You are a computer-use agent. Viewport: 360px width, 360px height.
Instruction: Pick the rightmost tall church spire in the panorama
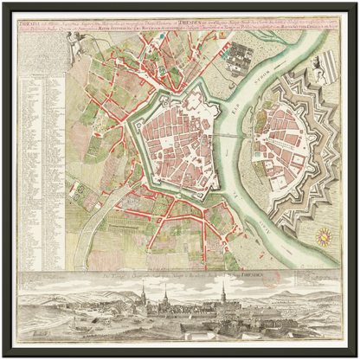pos(223,294)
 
